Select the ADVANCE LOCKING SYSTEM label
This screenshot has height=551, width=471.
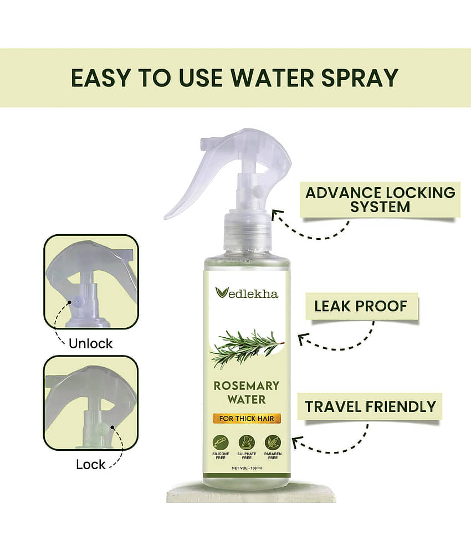pos(380,199)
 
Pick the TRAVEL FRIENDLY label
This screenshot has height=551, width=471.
pos(370,406)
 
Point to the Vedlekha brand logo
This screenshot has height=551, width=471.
pos(247,293)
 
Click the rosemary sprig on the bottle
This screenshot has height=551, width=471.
pos(247,348)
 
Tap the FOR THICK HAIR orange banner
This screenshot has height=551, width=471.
pos(246,418)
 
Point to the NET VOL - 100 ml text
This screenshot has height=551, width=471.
pos(247,468)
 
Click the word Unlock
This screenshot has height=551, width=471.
pos(91,343)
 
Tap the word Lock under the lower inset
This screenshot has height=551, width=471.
pos(91,465)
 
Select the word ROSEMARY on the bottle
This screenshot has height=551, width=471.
pos(246,385)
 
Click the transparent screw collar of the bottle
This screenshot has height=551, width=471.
pos(247,230)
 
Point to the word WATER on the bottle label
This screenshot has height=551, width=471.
pos(247,400)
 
